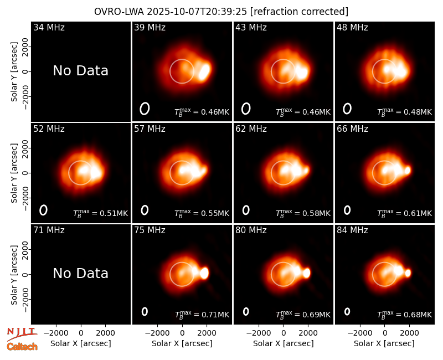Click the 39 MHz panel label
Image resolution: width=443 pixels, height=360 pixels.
pyautogui.click(x=150, y=27)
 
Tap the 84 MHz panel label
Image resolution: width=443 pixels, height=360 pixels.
pyautogui.click(x=352, y=230)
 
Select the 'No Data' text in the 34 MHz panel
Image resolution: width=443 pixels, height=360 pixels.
pyautogui.click(x=81, y=71)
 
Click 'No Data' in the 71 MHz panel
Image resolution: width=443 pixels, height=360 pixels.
pyautogui.click(x=81, y=274)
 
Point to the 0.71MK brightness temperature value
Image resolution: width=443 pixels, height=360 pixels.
pyautogui.click(x=215, y=315)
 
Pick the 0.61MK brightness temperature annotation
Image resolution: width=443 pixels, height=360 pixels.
pyautogui.click(x=418, y=213)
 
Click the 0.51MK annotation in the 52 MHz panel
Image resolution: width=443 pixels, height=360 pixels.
pyautogui.click(x=114, y=213)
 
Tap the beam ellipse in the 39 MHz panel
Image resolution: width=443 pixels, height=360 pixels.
pyautogui.click(x=145, y=109)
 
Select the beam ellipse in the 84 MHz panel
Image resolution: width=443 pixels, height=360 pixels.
pyautogui.click(x=347, y=311)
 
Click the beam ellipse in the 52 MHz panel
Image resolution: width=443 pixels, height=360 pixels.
pyautogui.click(x=43, y=210)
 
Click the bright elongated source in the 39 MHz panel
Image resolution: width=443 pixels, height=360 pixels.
pyautogui.click(x=204, y=71)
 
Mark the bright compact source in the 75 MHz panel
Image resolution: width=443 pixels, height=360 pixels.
pyautogui.click(x=204, y=273)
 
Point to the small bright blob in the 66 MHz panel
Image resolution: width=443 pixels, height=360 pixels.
pyautogui.click(x=408, y=170)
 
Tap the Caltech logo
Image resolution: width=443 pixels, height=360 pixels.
pyautogui.click(x=22, y=347)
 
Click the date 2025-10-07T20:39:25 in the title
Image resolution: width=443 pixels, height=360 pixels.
pyautogui.click(x=197, y=12)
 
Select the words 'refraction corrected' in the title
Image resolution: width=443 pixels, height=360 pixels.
pyautogui.click(x=299, y=12)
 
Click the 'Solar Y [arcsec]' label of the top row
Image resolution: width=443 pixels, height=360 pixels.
pyautogui.click(x=14, y=72)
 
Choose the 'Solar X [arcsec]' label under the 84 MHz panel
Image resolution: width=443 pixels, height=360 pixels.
pyautogui.click(x=384, y=343)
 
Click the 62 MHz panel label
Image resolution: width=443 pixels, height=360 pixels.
pyautogui.click(x=251, y=129)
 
